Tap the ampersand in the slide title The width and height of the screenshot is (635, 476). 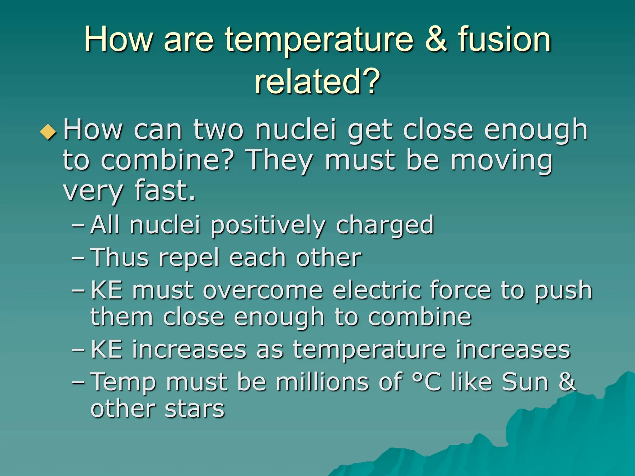[x=436, y=40]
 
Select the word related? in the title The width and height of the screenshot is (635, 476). [x=317, y=81]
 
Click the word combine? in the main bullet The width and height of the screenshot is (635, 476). [x=167, y=160]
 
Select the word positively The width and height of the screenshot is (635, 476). [x=268, y=225]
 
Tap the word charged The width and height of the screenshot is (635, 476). [x=384, y=225]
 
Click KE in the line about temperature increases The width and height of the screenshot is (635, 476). [x=106, y=349]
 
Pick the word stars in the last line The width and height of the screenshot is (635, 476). [x=194, y=409]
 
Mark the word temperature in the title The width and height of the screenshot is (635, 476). [x=319, y=40]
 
